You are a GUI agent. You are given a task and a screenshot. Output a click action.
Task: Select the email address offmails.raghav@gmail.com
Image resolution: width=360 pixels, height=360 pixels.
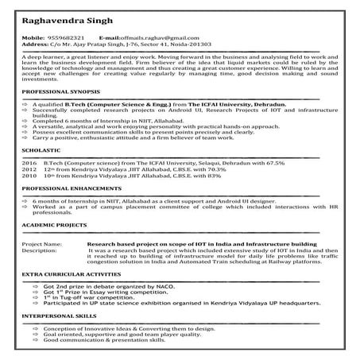[150, 37]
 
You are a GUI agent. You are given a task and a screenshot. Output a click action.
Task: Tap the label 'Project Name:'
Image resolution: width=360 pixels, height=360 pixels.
[42, 243]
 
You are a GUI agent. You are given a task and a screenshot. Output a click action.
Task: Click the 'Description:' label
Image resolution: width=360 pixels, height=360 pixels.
[40, 250]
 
